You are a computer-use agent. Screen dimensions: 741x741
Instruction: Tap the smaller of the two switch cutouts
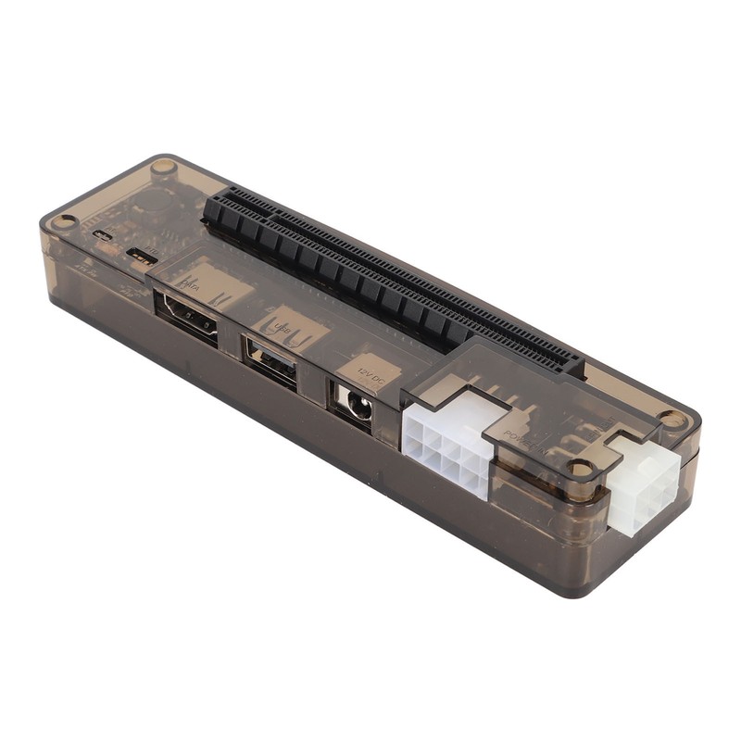point(104,233)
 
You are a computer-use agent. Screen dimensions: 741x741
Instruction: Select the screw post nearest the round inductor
point(164,168)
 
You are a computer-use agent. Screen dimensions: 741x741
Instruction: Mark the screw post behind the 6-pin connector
point(673,420)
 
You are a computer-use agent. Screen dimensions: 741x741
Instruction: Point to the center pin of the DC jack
point(353,404)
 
